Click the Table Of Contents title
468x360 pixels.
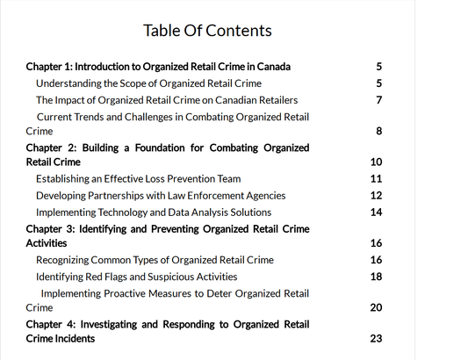(x=207, y=31)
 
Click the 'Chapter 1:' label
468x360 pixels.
(x=50, y=67)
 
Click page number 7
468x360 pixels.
(x=378, y=100)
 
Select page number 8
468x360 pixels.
(x=378, y=132)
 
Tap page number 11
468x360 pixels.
(x=377, y=179)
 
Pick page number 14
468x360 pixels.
(x=377, y=212)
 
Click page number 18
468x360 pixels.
(x=377, y=277)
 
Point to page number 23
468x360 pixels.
(x=377, y=339)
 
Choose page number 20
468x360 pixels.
(x=377, y=308)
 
